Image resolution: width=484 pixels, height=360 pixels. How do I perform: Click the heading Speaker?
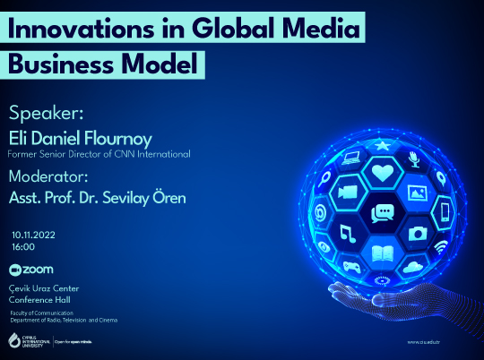point(47,115)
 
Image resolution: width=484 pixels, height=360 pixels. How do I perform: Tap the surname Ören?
point(169,197)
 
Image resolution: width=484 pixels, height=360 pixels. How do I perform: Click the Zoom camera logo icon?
point(13,270)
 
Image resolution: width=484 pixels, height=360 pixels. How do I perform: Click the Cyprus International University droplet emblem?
point(13,340)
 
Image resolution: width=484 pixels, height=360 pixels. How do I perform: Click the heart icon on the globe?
point(383,173)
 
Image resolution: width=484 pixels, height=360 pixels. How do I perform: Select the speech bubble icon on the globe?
point(383,213)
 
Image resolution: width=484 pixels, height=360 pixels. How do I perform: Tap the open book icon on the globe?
point(384,254)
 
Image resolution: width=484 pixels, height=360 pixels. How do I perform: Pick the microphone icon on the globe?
point(414,159)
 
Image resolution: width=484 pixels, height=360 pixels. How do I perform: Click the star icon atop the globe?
point(383,145)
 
